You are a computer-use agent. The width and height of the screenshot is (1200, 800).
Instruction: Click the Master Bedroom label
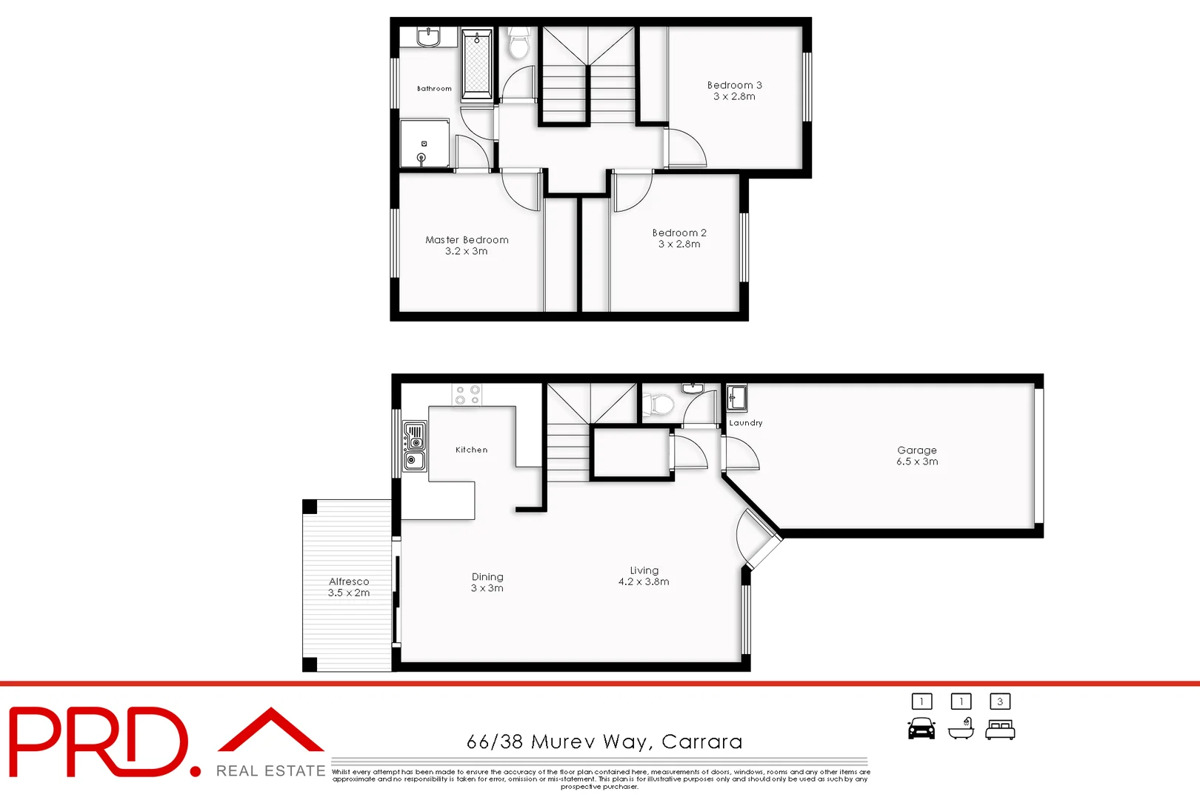click(467, 240)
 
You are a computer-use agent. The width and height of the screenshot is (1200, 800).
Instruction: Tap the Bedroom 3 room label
click(734, 85)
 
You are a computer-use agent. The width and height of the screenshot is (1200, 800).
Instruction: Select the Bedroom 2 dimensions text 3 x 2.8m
click(679, 244)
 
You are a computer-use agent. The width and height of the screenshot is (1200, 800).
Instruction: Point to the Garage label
click(917, 450)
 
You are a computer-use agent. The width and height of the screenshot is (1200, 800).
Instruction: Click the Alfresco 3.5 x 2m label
click(349, 587)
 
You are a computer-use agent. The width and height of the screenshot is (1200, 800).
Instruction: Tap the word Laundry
click(745, 423)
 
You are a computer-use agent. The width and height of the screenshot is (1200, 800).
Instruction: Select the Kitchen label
click(471, 450)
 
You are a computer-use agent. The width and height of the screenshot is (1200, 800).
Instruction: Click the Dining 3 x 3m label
click(487, 582)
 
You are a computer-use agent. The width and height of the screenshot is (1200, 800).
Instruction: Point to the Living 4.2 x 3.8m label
click(644, 576)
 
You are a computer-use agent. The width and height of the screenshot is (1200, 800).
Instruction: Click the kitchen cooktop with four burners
click(467, 395)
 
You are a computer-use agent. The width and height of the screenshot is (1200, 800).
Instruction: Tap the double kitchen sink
click(415, 446)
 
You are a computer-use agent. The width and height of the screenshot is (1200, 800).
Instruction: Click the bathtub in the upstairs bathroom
click(476, 65)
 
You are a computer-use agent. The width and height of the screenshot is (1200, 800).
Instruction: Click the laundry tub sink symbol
click(736, 398)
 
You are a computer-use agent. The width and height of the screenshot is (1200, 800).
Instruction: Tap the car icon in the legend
click(921, 729)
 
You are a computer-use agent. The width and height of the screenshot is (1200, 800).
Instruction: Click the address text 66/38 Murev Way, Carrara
click(604, 741)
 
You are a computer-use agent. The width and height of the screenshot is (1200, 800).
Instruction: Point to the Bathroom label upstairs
click(434, 89)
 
